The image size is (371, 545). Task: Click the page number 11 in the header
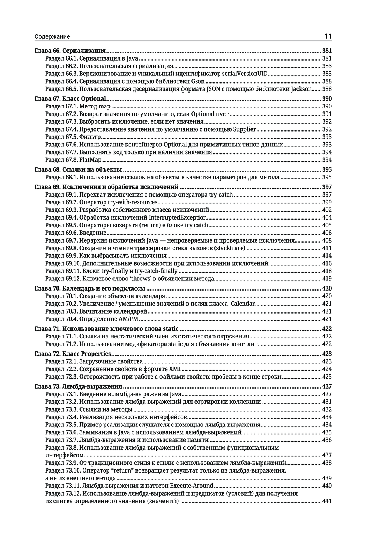pos(328,36)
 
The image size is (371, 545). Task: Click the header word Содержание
pos(52,37)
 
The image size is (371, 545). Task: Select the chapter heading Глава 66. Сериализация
pos(70,51)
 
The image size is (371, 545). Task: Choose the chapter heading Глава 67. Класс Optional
pos(70,99)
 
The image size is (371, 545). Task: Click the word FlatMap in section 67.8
pos(91,160)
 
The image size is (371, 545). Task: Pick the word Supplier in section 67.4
pos(244,129)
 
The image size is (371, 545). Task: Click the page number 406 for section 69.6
pos(327,233)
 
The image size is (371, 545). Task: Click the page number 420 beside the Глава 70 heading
pos(327,289)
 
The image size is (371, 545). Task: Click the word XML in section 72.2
pos(175,369)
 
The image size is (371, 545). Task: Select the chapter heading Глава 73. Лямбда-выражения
pos(78,387)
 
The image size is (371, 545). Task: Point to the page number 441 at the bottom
pos(327,501)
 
